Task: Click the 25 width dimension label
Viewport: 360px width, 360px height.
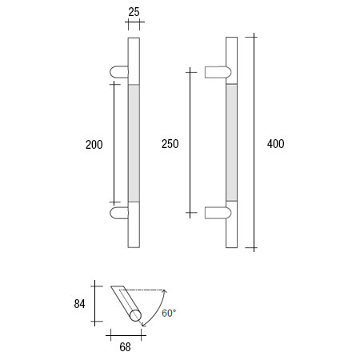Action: coord(134,11)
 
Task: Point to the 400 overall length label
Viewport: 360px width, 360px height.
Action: coord(275,144)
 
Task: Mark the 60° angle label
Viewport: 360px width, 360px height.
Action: coord(169,313)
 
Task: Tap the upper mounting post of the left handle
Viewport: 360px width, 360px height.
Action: coord(118,72)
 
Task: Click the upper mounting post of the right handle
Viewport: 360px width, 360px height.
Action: coord(218,72)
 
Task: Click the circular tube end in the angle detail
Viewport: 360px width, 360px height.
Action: coord(135,317)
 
